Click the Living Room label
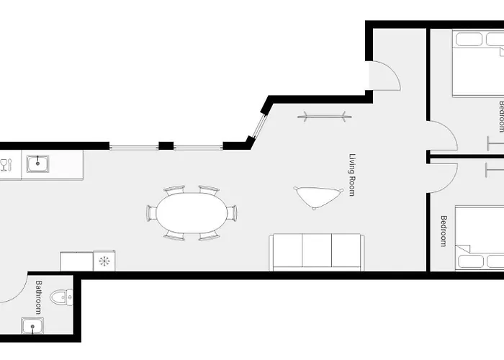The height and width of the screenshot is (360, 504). click(353, 175)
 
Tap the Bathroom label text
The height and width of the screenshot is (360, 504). click(39, 297)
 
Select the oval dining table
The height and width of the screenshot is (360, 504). click(192, 213)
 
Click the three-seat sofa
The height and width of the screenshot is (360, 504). click(317, 252)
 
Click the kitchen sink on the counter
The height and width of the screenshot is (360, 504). click(37, 164)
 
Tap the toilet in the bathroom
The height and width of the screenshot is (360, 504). click(61, 297)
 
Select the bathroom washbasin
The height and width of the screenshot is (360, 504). click(32, 326)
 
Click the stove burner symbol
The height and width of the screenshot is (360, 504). click(104, 261)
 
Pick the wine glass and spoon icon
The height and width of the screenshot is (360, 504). click(6, 165)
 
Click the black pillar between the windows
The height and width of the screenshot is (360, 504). click(166, 145)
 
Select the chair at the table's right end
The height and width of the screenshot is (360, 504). click(232, 213)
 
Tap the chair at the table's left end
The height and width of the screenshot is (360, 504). click(151, 213)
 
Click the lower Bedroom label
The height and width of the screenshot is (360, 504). click(444, 231)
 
